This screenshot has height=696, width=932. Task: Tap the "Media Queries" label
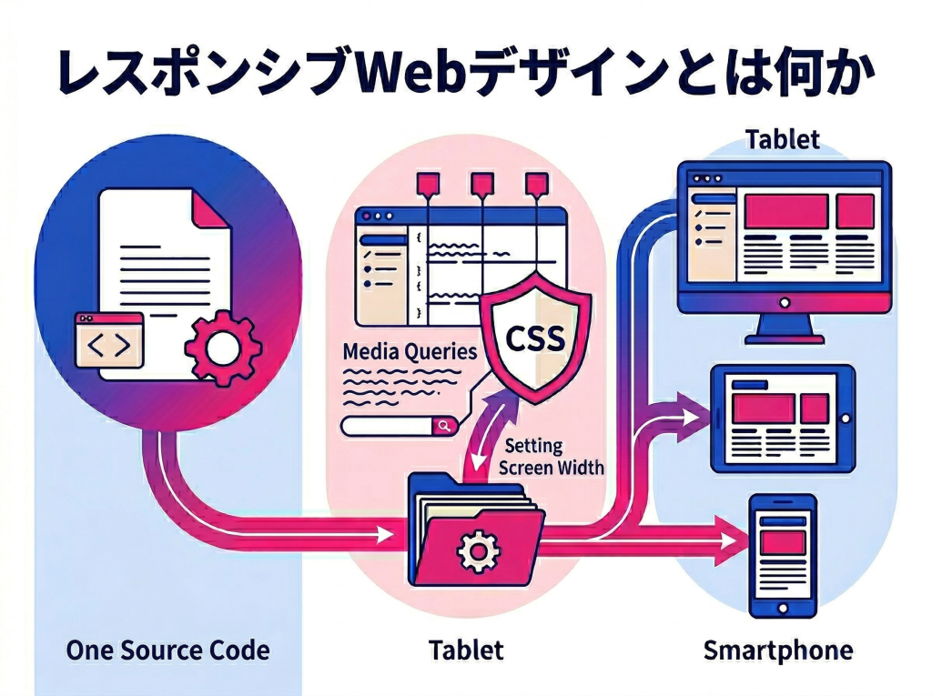(x=409, y=351)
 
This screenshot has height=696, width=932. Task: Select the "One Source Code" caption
(x=167, y=651)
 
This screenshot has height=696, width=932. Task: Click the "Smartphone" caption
(x=778, y=651)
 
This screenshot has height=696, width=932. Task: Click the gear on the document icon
(x=222, y=347)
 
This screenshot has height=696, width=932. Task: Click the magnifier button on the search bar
(x=443, y=426)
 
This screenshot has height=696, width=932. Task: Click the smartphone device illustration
(x=782, y=556)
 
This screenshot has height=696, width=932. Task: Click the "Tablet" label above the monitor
(x=782, y=139)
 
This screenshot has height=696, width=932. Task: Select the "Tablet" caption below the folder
(x=466, y=651)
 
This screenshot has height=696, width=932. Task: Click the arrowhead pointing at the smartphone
(x=733, y=540)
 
